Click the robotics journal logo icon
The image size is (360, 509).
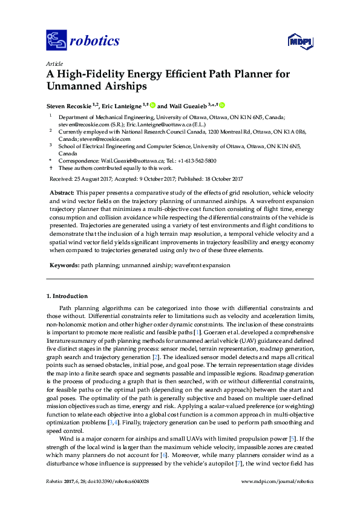click(56, 41)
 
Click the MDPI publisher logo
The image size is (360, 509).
click(298, 41)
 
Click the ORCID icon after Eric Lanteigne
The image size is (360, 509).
click(153, 105)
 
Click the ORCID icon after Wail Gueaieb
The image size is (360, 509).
click(222, 105)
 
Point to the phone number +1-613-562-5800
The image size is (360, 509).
click(197, 161)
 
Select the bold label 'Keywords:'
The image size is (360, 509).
click(64, 265)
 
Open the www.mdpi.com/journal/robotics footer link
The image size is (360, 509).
click(277, 481)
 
